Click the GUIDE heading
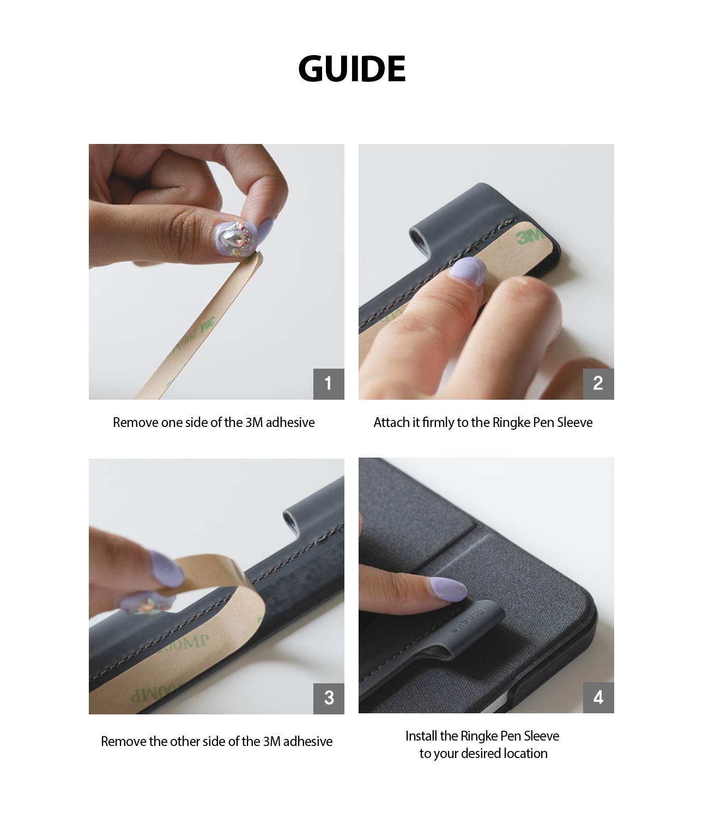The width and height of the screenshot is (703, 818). [351, 69]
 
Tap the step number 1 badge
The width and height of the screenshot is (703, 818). [329, 383]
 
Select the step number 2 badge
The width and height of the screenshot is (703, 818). [598, 383]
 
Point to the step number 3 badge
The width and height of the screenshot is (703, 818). [329, 699]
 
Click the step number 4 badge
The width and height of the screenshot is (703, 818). [598, 697]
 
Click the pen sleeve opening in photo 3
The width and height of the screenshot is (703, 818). [290, 519]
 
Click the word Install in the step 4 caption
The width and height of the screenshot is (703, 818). [421, 736]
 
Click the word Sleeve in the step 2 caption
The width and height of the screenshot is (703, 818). [575, 423]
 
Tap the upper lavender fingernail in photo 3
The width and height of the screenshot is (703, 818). [166, 569]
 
